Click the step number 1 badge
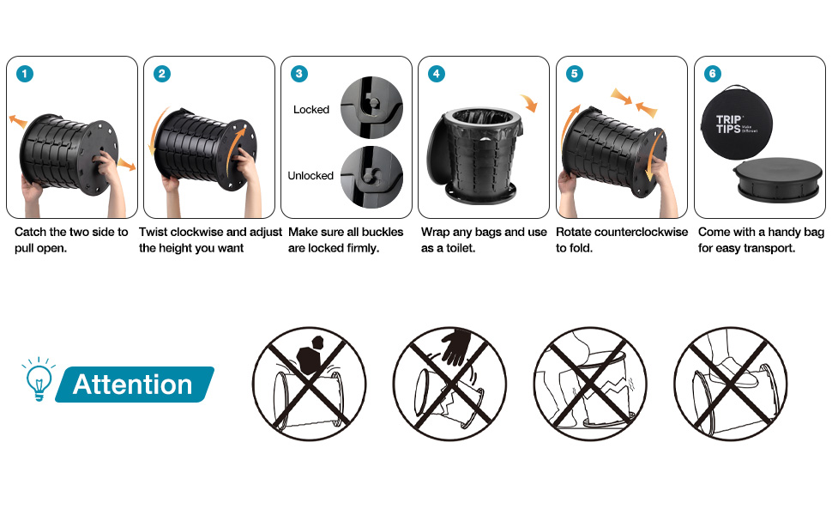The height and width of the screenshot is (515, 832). coord(25,74)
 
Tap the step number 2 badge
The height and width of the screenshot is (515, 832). coord(162,74)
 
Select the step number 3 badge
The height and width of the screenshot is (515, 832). coord(299,74)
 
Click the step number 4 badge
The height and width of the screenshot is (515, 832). coord(437,74)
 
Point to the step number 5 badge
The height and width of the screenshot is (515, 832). coord(575,74)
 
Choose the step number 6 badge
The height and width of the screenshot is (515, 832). coord(713,74)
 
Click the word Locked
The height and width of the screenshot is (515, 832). coord(311,109)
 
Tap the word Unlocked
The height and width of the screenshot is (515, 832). coord(310,176)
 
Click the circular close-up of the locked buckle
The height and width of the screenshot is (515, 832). coord(371,108)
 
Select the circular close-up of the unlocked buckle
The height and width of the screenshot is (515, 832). coord(371,177)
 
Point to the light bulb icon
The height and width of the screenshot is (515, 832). coord(39,379)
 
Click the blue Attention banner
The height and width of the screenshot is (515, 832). coord(135,385)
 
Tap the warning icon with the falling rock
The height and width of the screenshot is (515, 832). coord(310,384)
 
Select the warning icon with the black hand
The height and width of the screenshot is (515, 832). coord(449,384)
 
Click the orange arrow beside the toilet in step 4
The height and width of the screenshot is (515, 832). coord(529,102)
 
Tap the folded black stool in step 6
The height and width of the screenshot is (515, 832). coord(777,179)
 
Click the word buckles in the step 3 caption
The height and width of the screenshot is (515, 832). coord(382,232)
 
